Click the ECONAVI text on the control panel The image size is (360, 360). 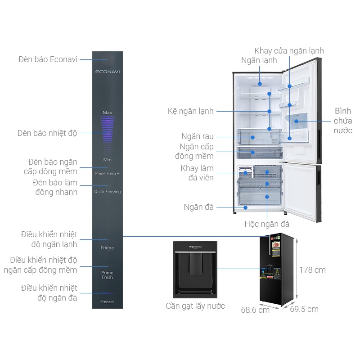click(x=108, y=72)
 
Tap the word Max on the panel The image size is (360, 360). click(x=107, y=112)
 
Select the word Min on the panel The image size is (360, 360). click(x=107, y=160)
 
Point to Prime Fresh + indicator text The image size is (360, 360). click(x=108, y=173)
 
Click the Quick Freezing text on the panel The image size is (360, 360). click(x=108, y=192)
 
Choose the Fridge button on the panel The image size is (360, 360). click(x=108, y=248)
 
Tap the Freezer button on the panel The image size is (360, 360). click(x=108, y=301)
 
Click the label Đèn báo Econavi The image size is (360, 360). click(x=48, y=59)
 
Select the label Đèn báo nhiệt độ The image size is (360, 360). click(x=47, y=133)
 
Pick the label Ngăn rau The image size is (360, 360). click(x=198, y=136)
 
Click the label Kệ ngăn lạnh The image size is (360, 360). click(x=190, y=111)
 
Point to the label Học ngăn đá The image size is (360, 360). click(x=267, y=224)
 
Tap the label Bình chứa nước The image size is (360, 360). click(x=343, y=121)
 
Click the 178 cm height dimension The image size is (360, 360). click(x=313, y=270)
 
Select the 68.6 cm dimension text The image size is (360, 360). click(x=255, y=310)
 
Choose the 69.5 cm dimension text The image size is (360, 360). click(x=304, y=309)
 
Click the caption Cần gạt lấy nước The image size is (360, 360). click(x=195, y=306)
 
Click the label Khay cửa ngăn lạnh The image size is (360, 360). click(x=289, y=51)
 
